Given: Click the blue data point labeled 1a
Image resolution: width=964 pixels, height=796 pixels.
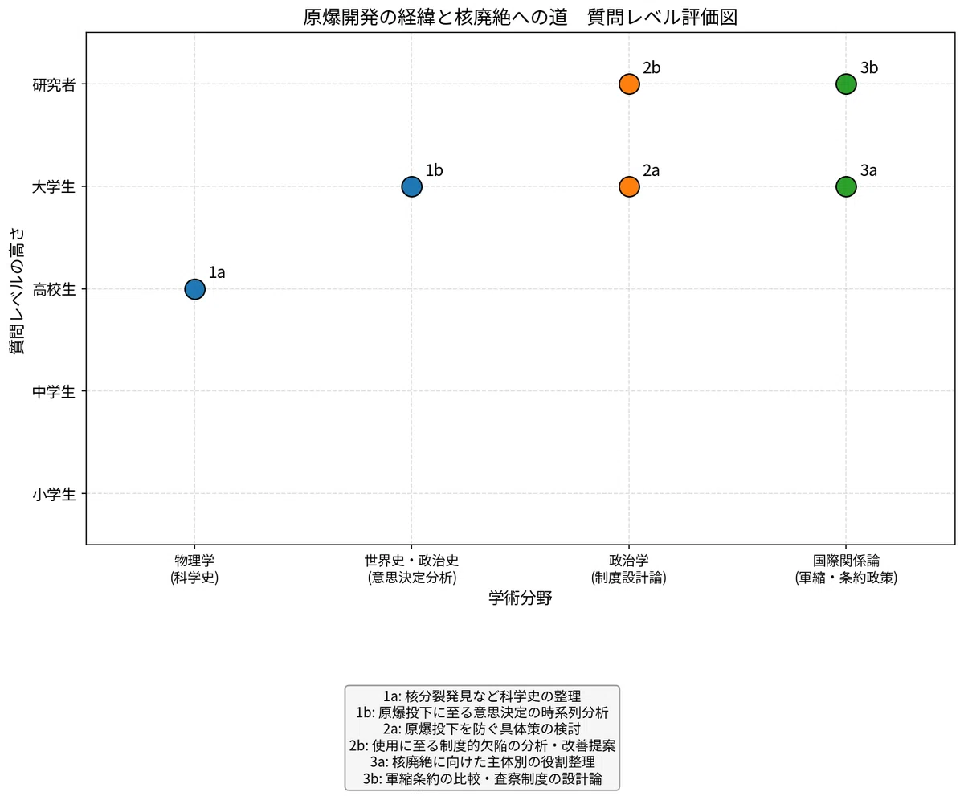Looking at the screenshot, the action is coord(194,289).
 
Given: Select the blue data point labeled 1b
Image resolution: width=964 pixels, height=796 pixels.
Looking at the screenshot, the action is coord(411,186).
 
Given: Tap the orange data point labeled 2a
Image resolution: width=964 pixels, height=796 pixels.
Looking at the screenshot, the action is coord(629,186).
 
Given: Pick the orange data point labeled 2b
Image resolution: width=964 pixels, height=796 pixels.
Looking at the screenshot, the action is coord(629,84).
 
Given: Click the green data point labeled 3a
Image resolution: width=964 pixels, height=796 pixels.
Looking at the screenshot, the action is coord(846,186).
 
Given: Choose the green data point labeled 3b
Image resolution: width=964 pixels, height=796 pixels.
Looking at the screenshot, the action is coord(846,84).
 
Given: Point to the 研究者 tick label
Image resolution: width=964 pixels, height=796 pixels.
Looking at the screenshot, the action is coord(54,84).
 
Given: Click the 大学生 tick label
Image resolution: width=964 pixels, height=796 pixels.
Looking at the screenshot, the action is coord(54,187).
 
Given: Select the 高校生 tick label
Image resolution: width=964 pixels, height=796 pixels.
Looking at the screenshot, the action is coord(54,289).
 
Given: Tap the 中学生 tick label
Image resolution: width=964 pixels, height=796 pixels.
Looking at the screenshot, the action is coord(54,392).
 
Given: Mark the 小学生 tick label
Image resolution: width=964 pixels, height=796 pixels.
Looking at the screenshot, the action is coord(54,495).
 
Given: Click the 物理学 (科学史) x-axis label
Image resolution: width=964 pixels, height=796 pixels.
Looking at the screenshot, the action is coord(194,569).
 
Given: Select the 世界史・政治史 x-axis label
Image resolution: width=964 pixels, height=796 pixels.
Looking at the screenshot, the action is coord(412,561).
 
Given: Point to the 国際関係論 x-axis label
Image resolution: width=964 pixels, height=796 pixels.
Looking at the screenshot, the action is coord(846,561).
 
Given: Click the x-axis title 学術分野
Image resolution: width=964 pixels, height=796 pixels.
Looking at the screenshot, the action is coord(520,598).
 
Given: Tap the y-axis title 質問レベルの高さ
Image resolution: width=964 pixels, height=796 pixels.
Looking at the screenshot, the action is coord(17,291).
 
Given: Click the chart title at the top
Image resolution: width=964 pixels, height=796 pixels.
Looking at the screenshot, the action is coord(520,17).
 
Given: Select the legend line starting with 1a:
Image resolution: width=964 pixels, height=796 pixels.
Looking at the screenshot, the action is coord(482,696).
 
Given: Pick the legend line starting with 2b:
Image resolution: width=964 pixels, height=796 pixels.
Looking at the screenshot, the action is coord(482,745).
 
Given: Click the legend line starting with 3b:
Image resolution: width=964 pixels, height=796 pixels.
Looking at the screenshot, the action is coord(482,779).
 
